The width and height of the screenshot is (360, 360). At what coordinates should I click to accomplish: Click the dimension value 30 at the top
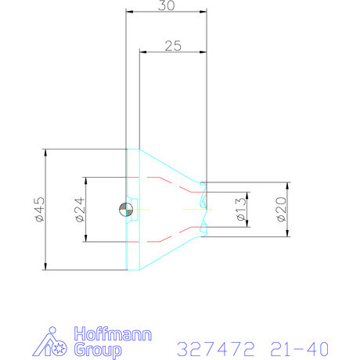(x=166, y=5)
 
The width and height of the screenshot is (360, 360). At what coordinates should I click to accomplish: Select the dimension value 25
(x=173, y=45)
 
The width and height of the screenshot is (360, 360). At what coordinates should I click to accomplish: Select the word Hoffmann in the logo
(x=108, y=332)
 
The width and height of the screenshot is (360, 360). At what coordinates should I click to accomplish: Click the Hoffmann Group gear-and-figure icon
(x=54, y=341)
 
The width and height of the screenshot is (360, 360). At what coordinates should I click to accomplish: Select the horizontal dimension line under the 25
(x=173, y=52)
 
